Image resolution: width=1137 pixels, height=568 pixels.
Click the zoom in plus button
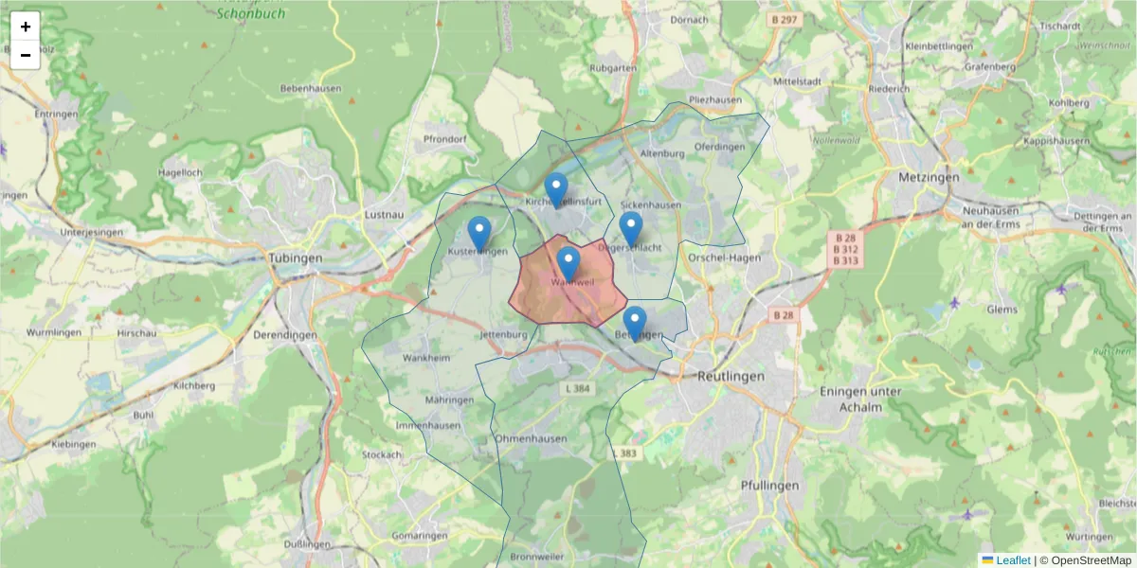click(26, 27)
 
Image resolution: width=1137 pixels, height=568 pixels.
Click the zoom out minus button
click(26, 55)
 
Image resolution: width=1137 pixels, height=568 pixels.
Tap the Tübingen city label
click(296, 257)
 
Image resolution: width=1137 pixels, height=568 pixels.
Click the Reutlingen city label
click(731, 376)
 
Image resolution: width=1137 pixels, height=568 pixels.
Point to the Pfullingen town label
click(769, 486)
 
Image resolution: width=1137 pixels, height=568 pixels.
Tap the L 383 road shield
click(626, 453)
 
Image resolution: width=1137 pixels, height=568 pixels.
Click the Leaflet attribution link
click(1013, 560)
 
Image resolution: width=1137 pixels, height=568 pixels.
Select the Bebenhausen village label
click(310, 88)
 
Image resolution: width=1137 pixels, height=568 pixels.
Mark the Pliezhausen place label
click(715, 99)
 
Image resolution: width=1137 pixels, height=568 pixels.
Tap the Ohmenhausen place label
click(531, 439)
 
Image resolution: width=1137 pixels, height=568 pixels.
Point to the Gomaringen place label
click(419, 536)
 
